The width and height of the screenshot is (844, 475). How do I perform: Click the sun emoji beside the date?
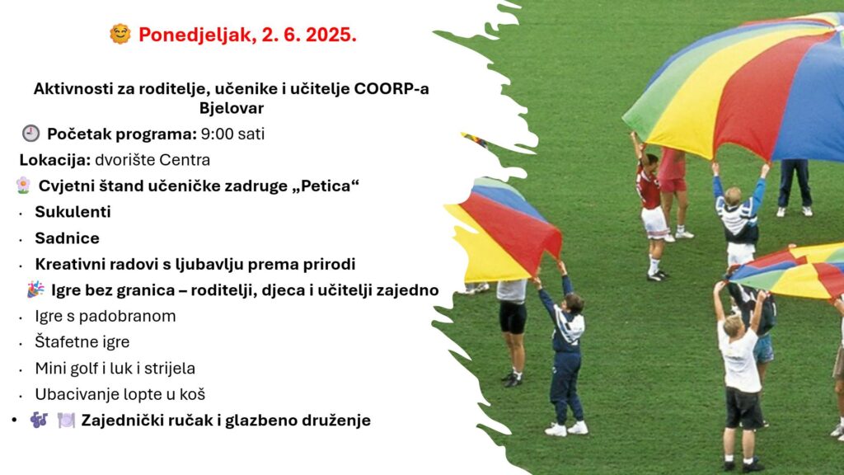point(120,34)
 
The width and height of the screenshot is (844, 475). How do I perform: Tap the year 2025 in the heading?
point(331,35)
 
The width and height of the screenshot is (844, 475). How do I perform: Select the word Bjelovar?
point(232,108)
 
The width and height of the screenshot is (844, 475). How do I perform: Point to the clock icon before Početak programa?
point(30,134)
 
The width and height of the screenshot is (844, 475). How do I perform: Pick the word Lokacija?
point(55,160)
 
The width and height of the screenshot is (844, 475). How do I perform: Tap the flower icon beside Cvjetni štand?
point(23,186)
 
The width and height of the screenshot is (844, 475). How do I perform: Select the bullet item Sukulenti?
point(73,212)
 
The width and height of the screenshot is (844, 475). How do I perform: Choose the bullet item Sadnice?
point(68,238)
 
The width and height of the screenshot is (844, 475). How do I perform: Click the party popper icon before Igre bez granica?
point(35,289)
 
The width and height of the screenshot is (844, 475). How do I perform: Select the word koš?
point(194,394)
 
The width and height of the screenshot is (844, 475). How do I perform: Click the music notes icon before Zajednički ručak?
point(39,420)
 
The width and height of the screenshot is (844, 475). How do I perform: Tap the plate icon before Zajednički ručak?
point(66,420)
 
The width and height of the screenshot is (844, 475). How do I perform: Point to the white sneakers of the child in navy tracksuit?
point(566,429)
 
